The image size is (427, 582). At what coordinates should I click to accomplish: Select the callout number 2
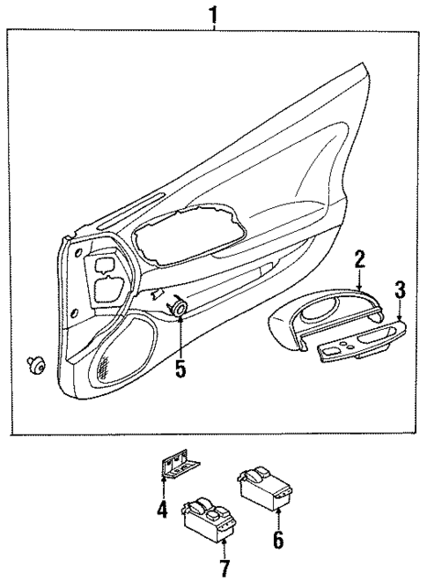[359, 258]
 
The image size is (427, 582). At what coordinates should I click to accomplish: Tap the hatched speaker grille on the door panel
[106, 365]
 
